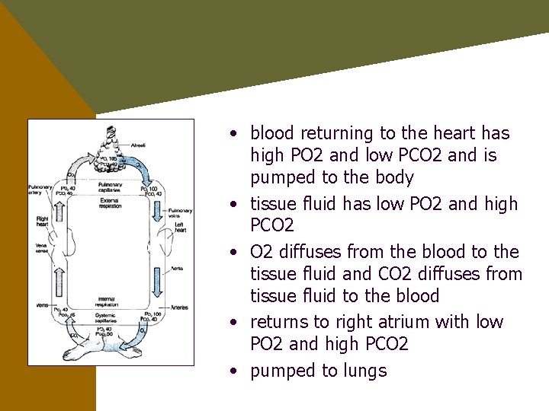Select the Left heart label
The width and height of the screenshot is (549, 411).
click(180, 226)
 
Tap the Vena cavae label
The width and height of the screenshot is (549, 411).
click(41, 249)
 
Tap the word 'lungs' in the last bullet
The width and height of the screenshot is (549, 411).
click(365, 371)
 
